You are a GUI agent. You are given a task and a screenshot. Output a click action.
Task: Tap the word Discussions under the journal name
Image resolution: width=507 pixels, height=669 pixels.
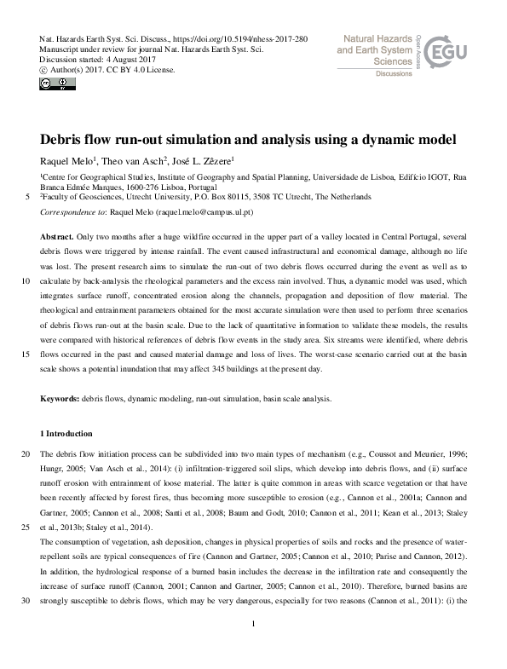[x=394, y=74]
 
